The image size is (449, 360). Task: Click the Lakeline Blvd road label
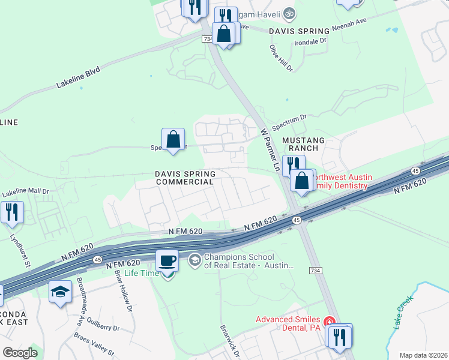[x=78, y=79]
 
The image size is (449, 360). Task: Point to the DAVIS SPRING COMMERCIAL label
[x=184, y=177]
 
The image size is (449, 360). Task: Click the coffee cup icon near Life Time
[x=167, y=261]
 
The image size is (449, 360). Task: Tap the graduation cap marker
[x=60, y=292]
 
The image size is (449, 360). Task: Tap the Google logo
[x=19, y=353]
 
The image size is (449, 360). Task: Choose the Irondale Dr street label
[x=310, y=41]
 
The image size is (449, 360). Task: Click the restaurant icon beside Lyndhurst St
[x=12, y=211]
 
